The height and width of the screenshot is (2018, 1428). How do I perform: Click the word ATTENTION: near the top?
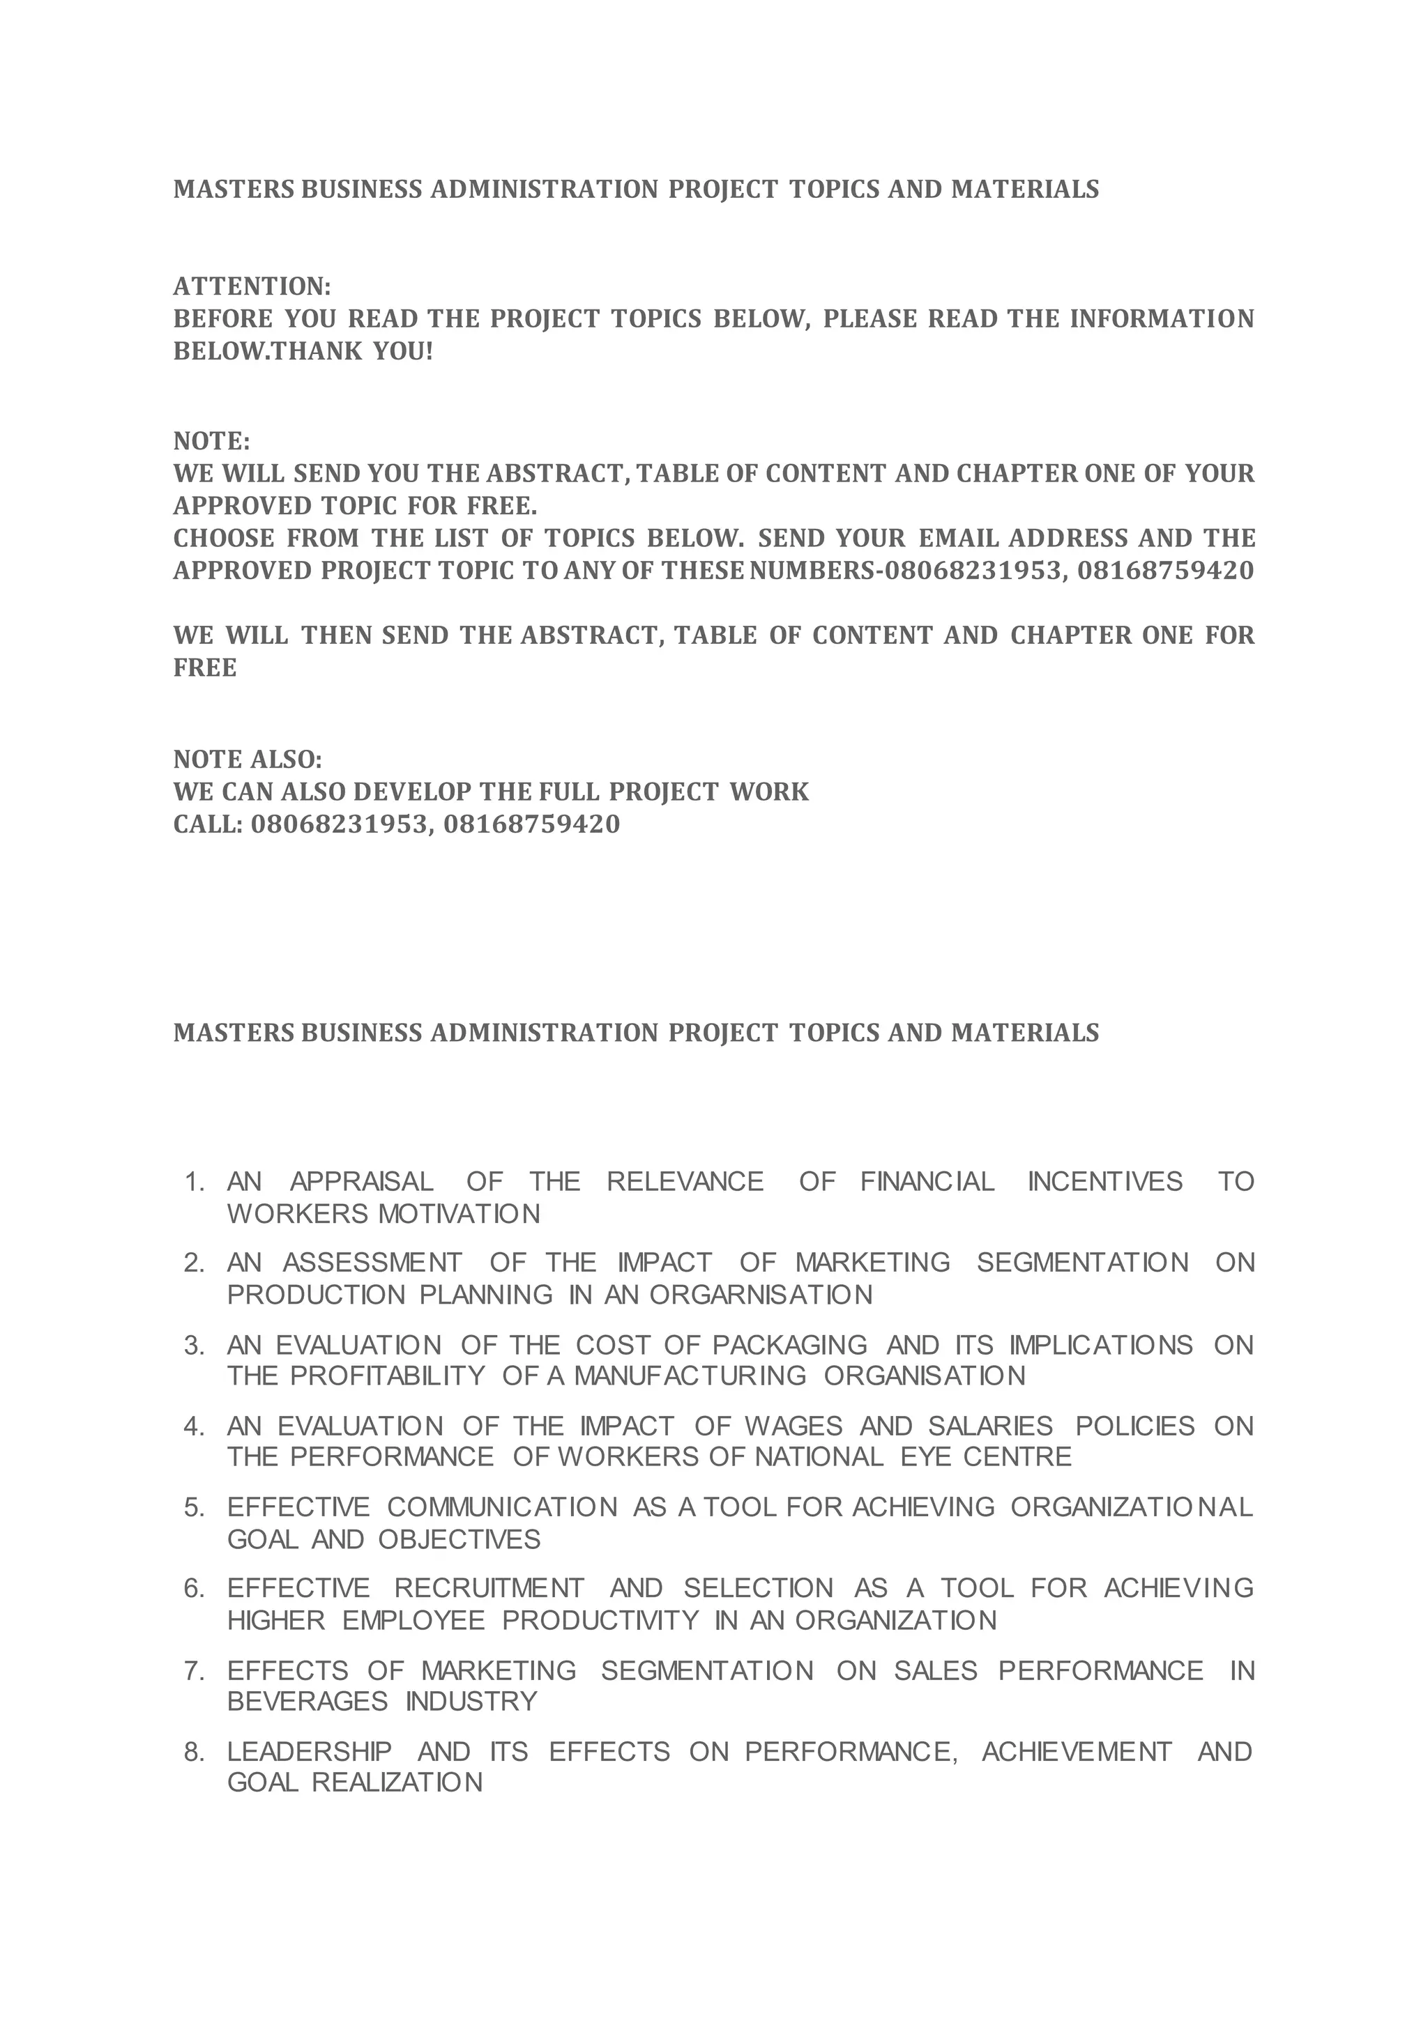(x=252, y=286)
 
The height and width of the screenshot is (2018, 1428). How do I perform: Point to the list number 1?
(x=195, y=1182)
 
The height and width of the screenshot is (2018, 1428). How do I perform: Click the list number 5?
(x=195, y=1507)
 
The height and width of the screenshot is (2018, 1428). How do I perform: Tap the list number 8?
(x=195, y=1752)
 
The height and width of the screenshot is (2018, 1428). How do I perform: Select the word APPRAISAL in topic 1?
(x=361, y=1182)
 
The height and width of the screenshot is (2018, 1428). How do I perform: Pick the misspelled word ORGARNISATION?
(x=761, y=1295)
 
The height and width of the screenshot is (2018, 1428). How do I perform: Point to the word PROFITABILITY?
(x=388, y=1376)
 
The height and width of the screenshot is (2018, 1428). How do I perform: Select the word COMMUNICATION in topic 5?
(x=502, y=1507)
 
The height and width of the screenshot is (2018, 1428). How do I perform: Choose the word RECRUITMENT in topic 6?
(x=489, y=1588)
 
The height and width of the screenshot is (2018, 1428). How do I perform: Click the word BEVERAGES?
(x=307, y=1702)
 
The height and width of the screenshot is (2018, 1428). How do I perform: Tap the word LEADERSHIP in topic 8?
(x=310, y=1752)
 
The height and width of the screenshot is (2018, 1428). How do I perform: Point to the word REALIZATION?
(x=397, y=1782)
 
